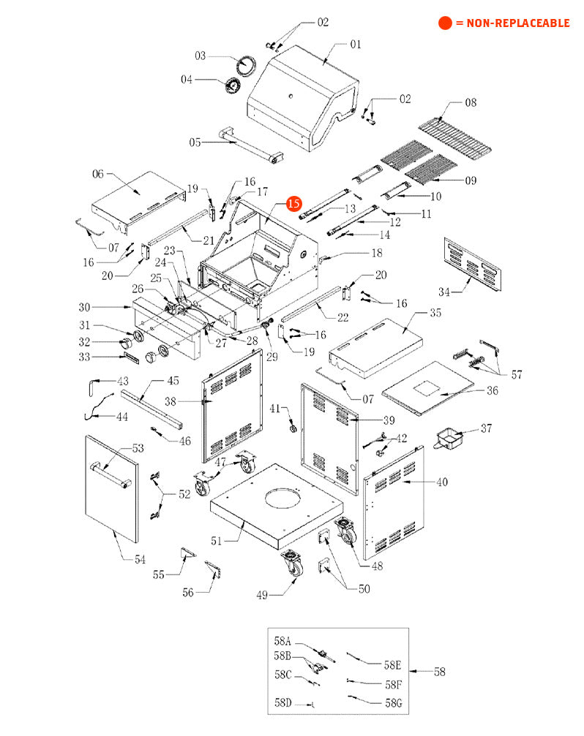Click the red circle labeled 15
click(x=293, y=204)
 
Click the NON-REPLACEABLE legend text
click(x=512, y=23)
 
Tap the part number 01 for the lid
click(x=355, y=45)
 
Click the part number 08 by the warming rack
click(x=470, y=103)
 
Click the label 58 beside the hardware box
click(x=438, y=672)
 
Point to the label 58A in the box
click(x=282, y=642)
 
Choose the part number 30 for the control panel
click(x=84, y=307)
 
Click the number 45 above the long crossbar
click(x=173, y=381)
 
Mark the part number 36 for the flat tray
click(x=492, y=391)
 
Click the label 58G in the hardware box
click(x=394, y=702)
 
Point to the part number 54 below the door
click(x=139, y=559)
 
